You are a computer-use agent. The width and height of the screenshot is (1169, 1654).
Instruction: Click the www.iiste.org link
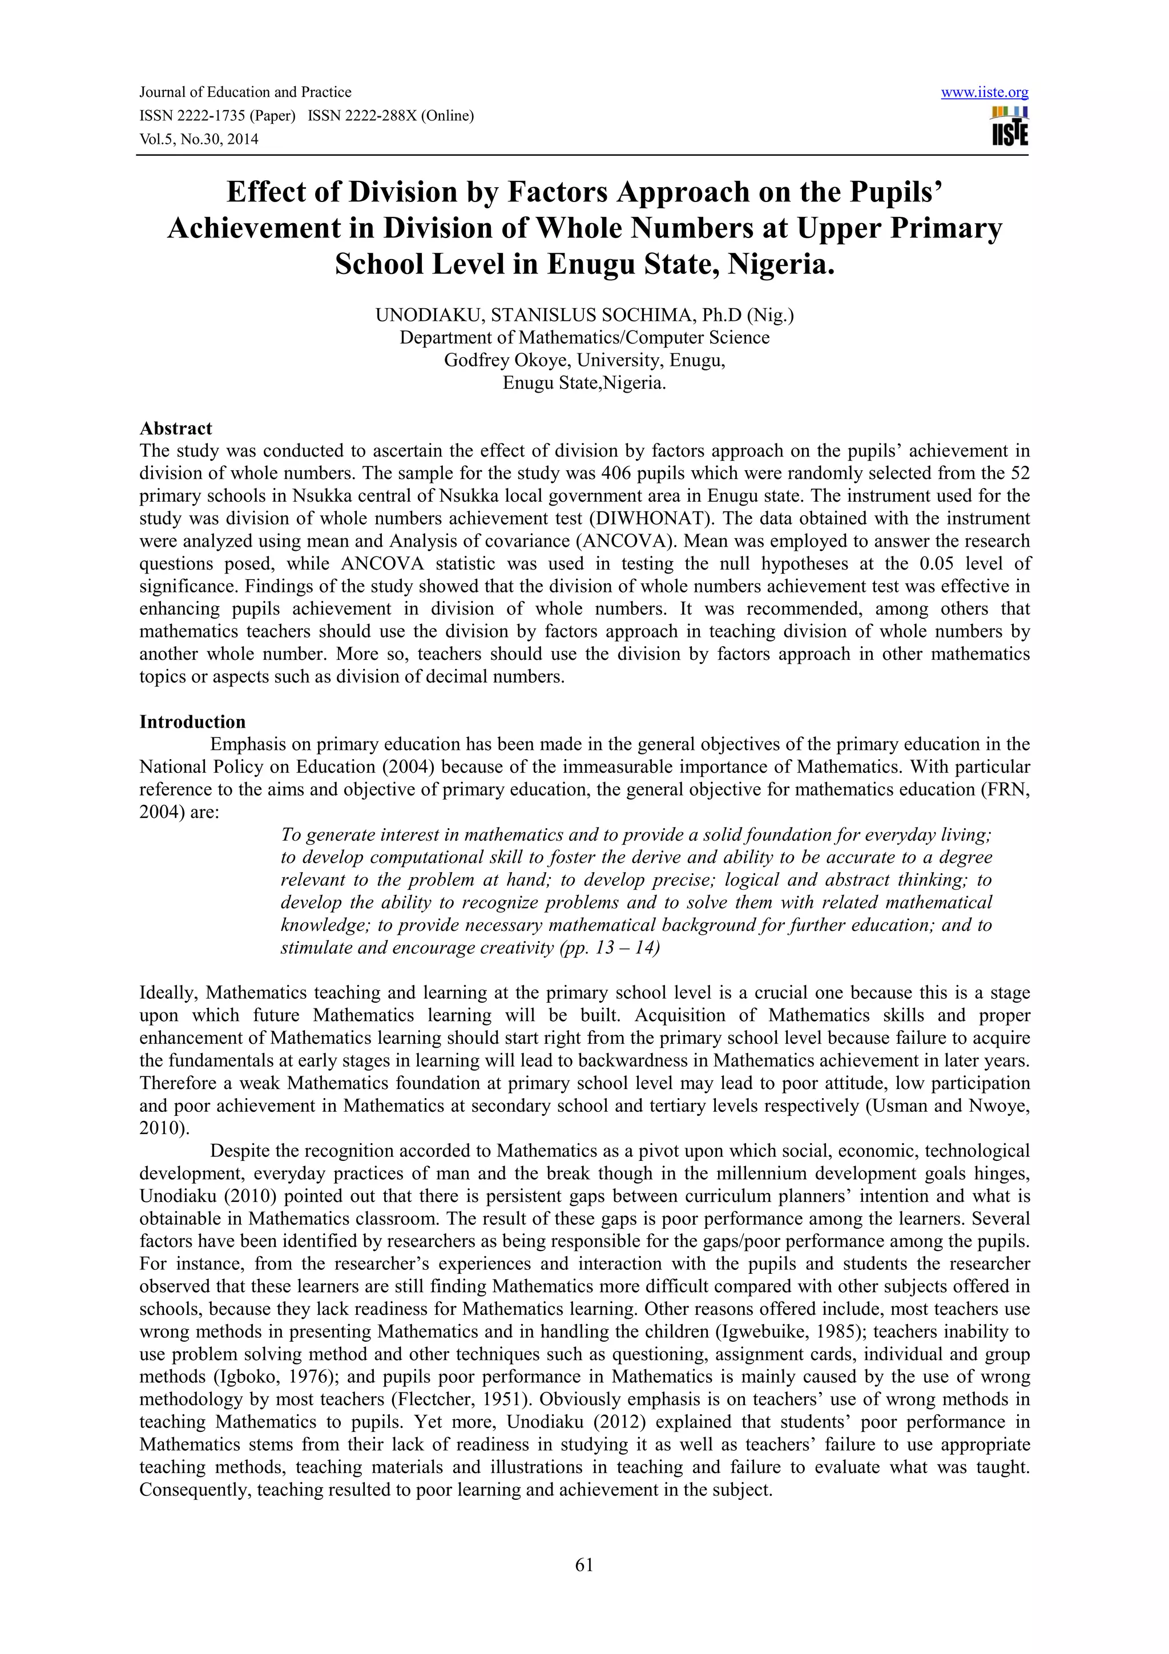click(984, 92)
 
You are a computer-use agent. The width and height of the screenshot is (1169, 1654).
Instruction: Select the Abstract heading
click(176, 429)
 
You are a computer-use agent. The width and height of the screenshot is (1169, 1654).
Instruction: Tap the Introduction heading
click(192, 722)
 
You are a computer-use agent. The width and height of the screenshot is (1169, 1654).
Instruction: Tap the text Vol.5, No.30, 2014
click(199, 139)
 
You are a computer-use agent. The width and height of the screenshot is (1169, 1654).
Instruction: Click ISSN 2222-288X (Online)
click(390, 115)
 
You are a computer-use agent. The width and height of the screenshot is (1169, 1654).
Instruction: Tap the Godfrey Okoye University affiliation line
click(584, 360)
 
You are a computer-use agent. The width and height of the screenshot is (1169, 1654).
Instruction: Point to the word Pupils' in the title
click(888, 192)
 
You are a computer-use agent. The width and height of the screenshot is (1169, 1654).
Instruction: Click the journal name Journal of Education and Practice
click(245, 92)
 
